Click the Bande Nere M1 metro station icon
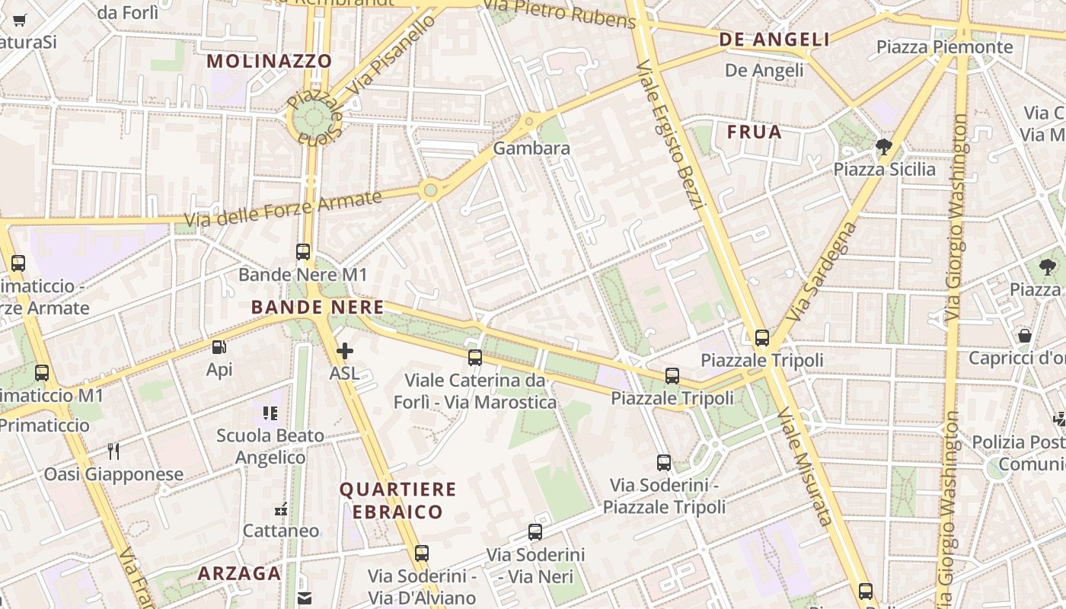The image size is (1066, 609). click(x=303, y=251)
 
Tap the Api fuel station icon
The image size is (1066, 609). click(x=219, y=347)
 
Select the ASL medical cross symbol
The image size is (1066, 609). click(x=345, y=351)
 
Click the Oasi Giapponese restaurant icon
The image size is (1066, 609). click(x=113, y=451)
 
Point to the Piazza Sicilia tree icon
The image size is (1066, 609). click(x=883, y=147)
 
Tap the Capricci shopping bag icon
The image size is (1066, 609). click(x=1025, y=335)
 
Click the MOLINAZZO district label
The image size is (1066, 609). click(x=270, y=61)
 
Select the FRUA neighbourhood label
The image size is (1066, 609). click(x=754, y=132)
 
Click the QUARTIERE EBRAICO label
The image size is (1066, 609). click(x=397, y=500)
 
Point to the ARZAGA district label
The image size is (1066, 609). click(x=240, y=573)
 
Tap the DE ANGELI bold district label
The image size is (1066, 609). click(x=774, y=40)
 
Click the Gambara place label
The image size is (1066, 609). click(x=531, y=148)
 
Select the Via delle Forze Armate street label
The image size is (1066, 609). click(x=282, y=209)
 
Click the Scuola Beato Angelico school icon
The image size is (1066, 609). click(x=270, y=413)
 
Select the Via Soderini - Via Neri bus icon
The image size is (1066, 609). click(x=535, y=532)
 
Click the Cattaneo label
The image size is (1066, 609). click(x=281, y=531)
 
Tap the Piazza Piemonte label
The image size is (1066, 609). click(x=944, y=47)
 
